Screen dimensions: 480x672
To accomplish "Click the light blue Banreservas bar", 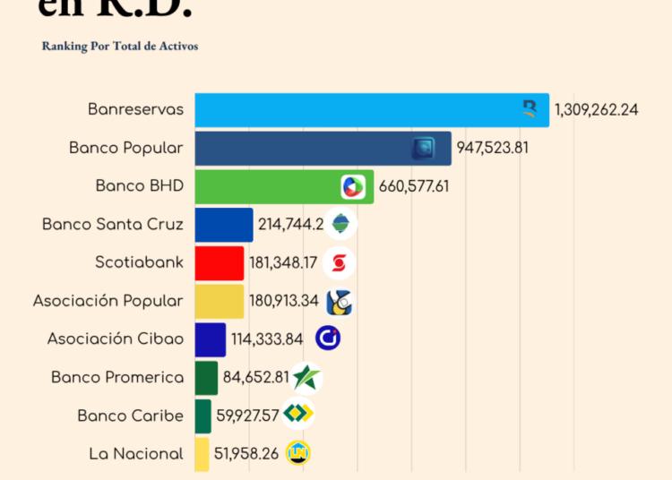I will click(358, 109).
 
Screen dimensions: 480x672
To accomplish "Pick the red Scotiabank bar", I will click(220, 262).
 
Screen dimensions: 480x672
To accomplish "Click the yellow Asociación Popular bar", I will click(220, 301).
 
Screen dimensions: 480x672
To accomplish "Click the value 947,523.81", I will click(493, 148).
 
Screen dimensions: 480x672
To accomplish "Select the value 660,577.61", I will click(415, 186).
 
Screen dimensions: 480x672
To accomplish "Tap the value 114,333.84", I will click(267, 339).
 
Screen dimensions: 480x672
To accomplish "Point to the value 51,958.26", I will click(246, 454).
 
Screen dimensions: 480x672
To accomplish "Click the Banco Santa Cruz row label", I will click(113, 225).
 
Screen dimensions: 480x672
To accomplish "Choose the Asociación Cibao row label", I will click(116, 339).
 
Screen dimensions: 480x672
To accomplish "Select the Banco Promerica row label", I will click(117, 378).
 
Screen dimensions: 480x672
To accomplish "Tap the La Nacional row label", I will click(136, 454).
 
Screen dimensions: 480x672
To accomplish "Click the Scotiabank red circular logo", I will click(339, 263).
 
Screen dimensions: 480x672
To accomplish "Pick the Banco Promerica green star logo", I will click(306, 378).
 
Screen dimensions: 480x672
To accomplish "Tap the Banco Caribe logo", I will click(297, 415).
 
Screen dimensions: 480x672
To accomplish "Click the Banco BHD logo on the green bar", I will click(353, 186).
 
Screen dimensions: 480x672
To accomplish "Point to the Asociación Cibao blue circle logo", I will click(328, 339).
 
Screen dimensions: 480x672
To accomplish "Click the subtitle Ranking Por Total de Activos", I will click(120, 46).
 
